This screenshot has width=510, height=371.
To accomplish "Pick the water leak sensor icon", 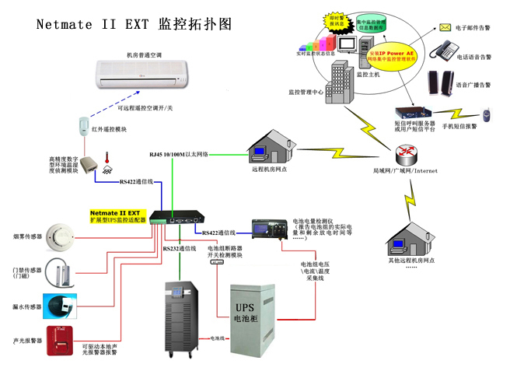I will click(x=59, y=305).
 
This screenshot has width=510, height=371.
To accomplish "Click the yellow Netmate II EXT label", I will click(x=115, y=215).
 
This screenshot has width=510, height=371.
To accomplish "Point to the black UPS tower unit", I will click(x=182, y=315).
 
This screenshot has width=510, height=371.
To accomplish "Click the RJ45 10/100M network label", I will click(x=179, y=154).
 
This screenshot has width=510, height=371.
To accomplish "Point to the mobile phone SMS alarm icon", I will click(x=486, y=115).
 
